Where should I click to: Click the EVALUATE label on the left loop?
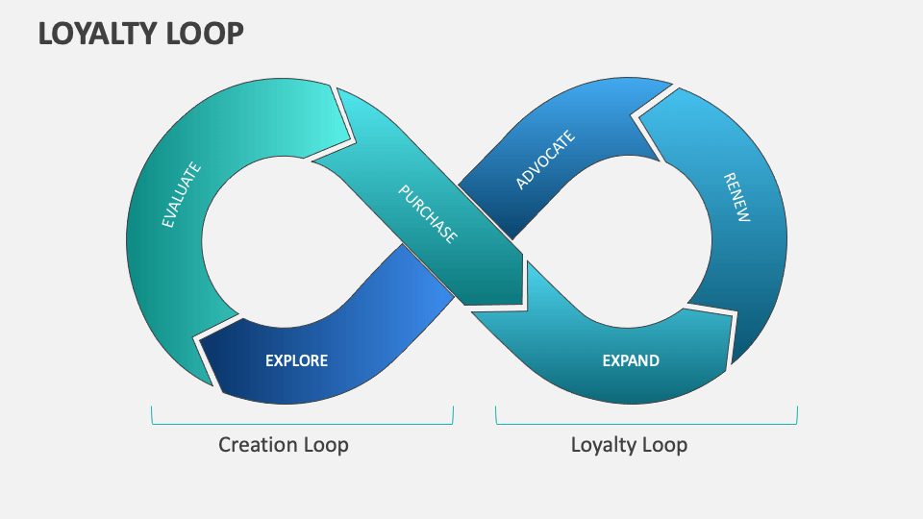coord(182,195)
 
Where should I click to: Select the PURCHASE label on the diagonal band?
coord(428,213)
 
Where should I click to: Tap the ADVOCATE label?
coord(545,160)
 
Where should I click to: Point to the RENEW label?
coord(736,198)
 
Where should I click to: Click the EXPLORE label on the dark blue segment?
coord(296,361)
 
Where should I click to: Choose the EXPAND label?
coord(631,361)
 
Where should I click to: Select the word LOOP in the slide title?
coord(206,34)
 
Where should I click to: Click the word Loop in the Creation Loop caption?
coord(326,444)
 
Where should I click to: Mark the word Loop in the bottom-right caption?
coord(665,444)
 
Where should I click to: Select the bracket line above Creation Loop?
coord(302,423)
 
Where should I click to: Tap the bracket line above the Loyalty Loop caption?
coord(646,423)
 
